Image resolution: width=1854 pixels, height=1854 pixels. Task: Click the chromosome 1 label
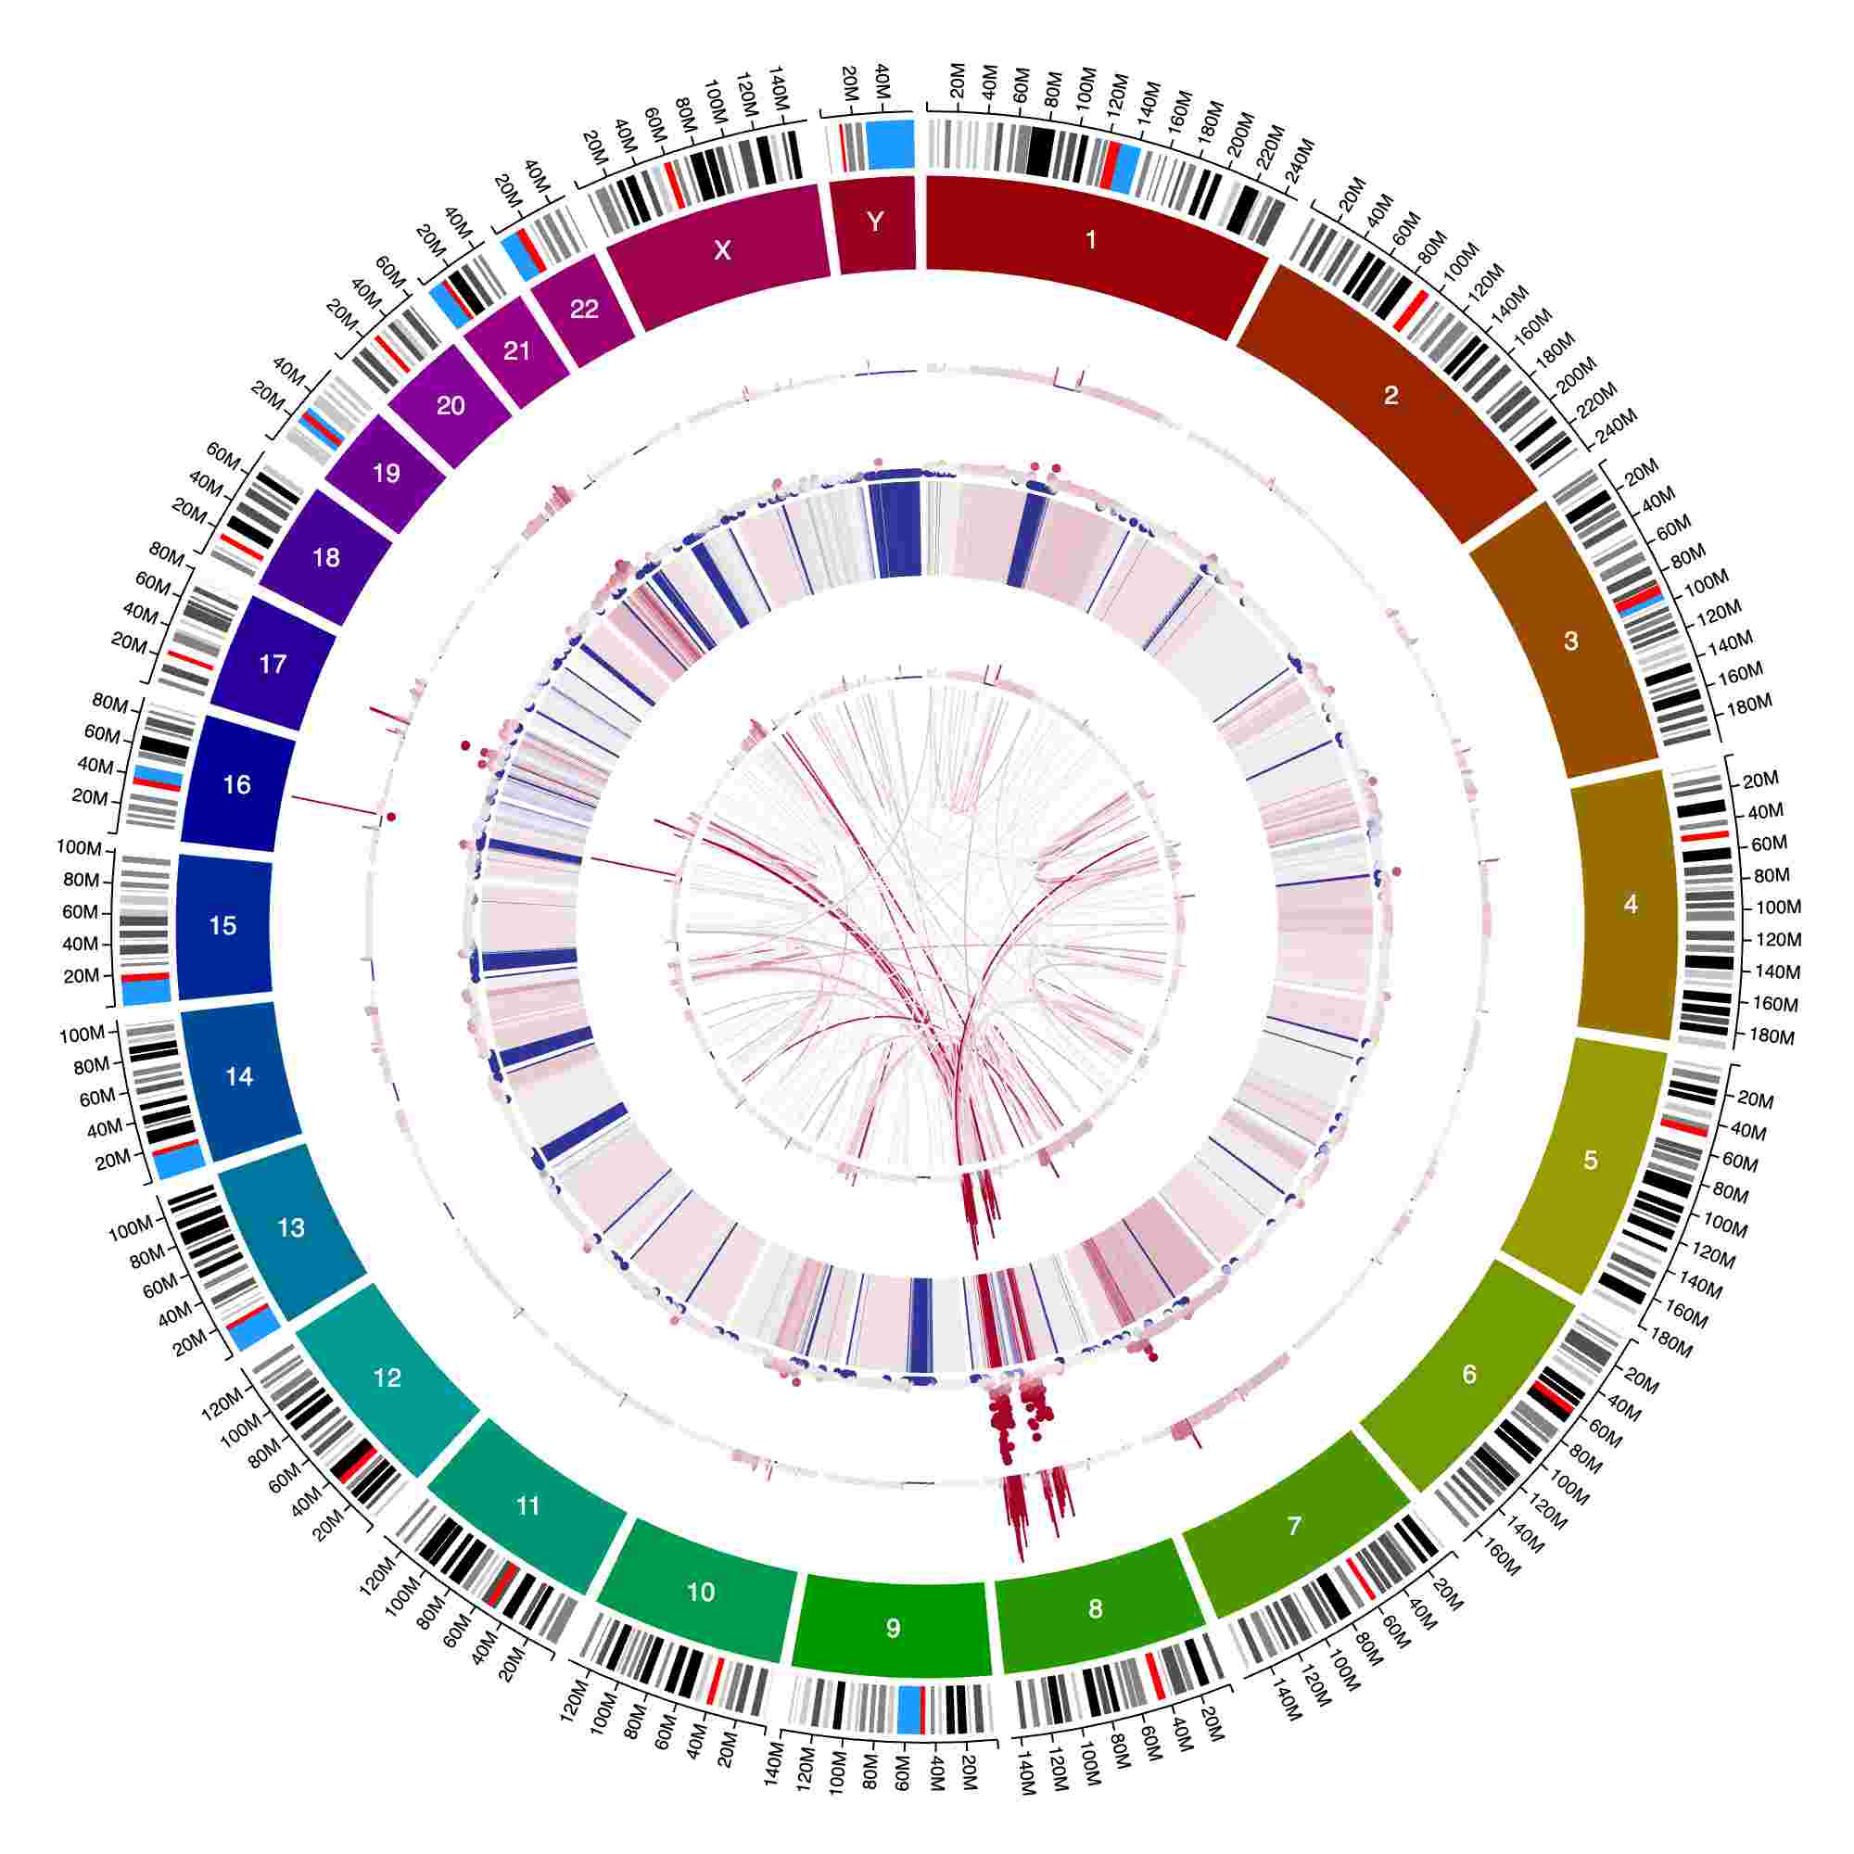tap(1090, 239)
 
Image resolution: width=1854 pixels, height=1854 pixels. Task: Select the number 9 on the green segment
tap(894, 1628)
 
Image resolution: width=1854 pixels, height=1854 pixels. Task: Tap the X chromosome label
tap(723, 250)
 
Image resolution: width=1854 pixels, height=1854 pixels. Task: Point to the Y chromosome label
tap(874, 222)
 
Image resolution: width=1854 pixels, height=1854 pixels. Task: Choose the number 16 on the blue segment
tap(236, 784)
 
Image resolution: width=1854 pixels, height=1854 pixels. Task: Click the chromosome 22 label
tap(584, 308)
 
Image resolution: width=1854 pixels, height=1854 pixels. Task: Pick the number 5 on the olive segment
tap(1590, 1161)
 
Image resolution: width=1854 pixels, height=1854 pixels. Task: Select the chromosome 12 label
tap(387, 1378)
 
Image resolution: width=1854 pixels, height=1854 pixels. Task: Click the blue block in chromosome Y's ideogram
tap(890, 144)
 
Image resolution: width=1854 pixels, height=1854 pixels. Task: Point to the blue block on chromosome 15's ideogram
tap(146, 991)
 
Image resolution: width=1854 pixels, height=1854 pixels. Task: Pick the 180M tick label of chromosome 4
tap(1771, 1036)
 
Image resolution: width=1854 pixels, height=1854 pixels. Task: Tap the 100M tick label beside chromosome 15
tap(79, 848)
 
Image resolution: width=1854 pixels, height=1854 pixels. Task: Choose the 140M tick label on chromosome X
tap(775, 84)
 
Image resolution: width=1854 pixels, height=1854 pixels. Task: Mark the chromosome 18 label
tap(326, 557)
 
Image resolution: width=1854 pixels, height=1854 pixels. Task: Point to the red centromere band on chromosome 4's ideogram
tap(1703, 834)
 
